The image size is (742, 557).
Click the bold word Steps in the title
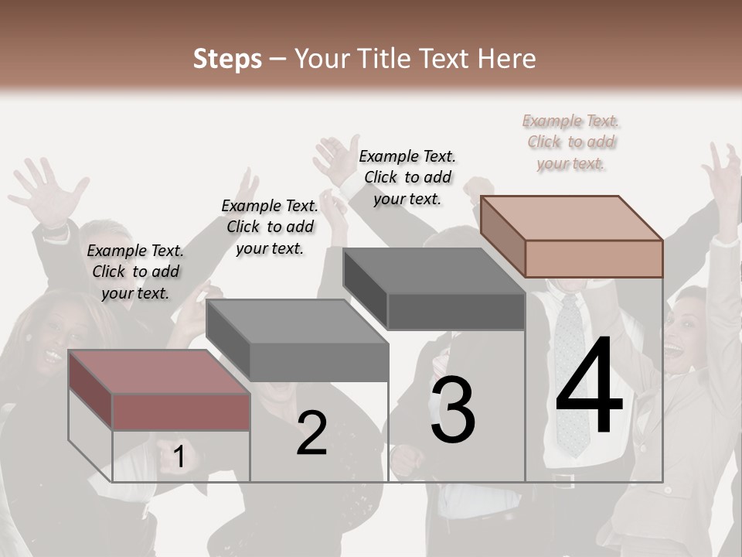(227, 59)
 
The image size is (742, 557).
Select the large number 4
(589, 387)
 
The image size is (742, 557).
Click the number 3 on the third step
(453, 410)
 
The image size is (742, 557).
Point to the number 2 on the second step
(312, 433)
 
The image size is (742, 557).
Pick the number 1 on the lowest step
(179, 456)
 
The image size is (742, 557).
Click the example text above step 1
(135, 272)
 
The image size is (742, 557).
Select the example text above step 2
(270, 227)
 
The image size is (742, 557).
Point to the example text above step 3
(407, 177)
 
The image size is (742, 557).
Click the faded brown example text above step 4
(571, 142)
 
